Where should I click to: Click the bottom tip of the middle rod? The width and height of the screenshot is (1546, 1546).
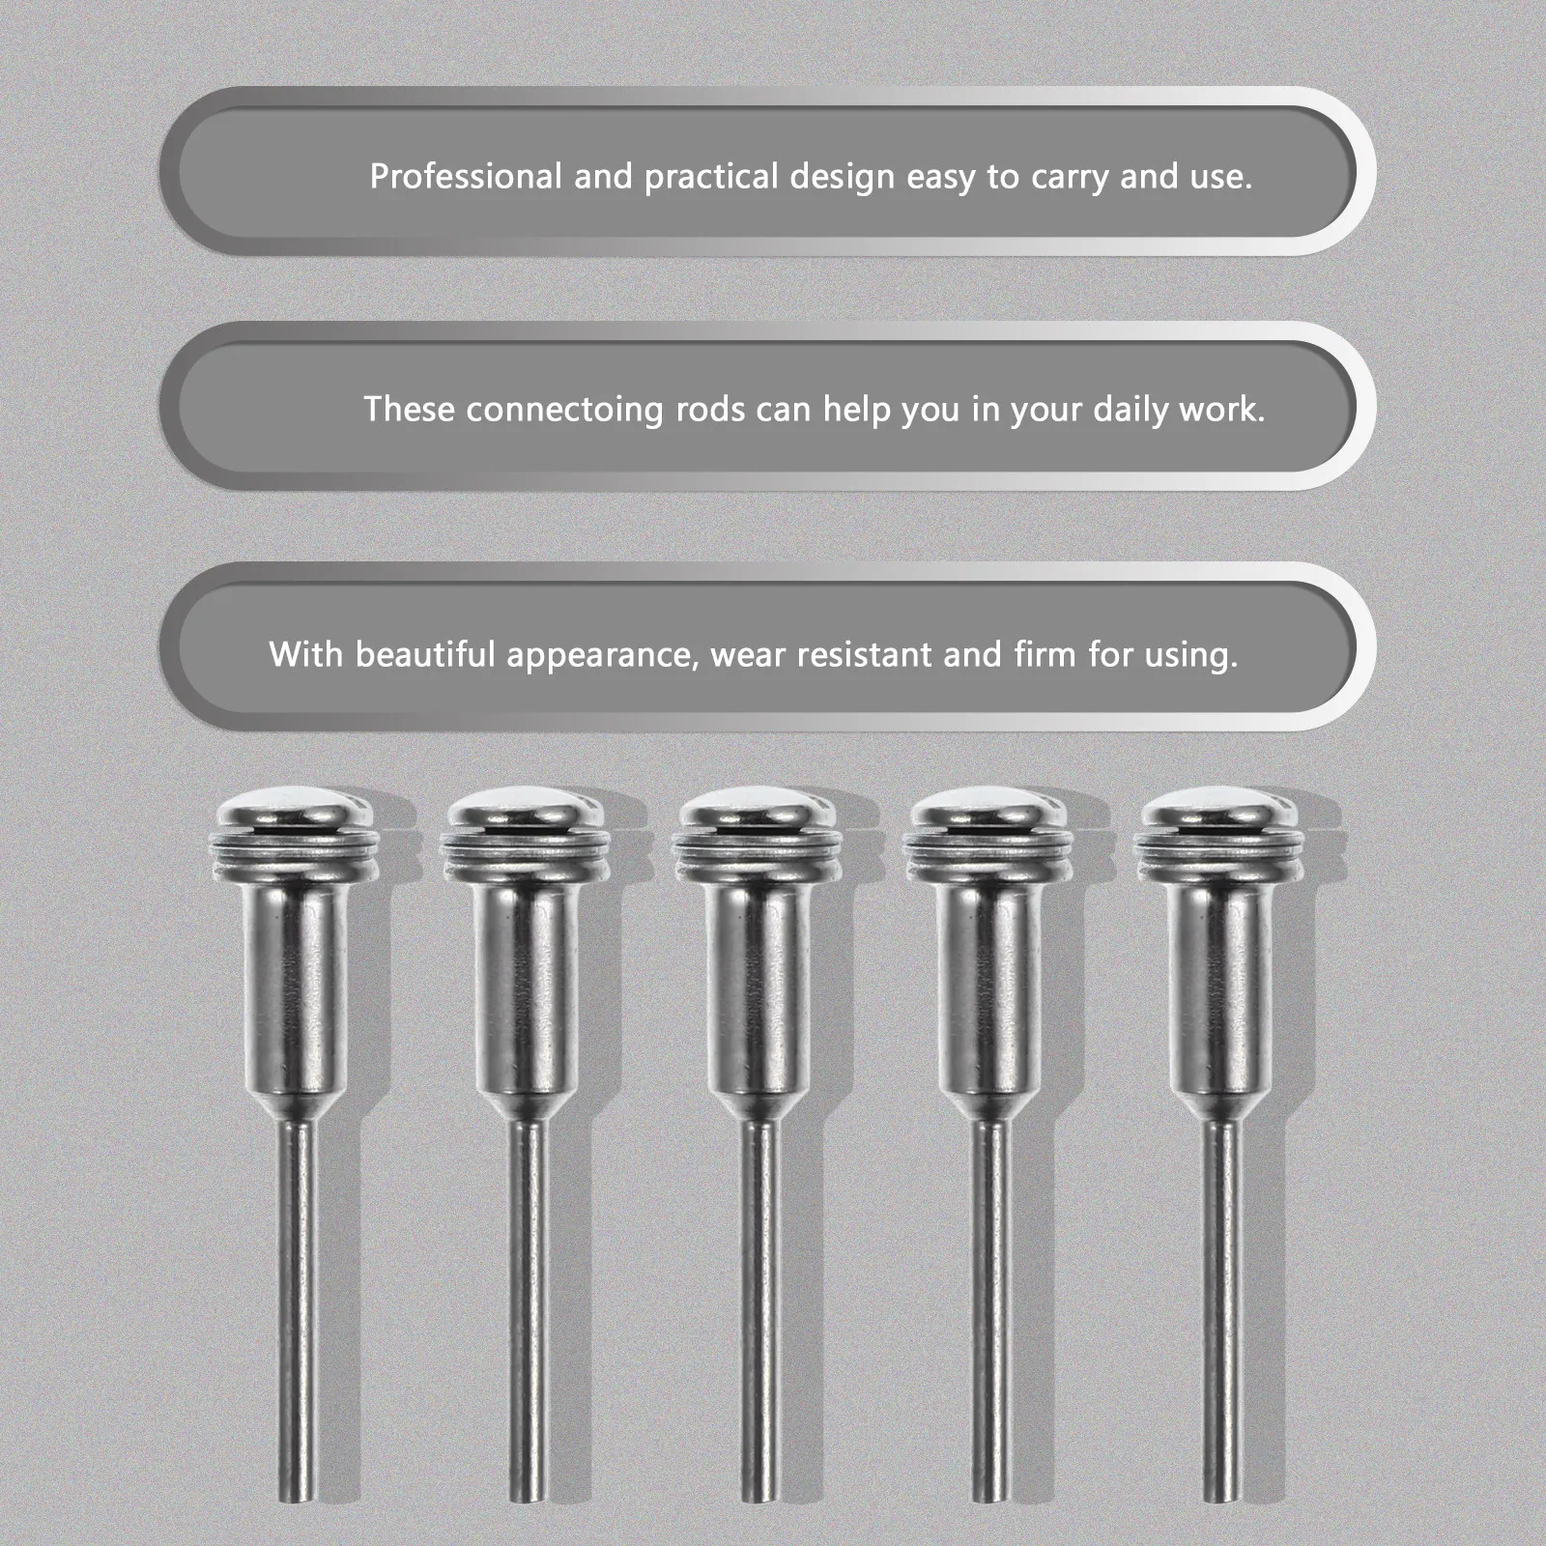click(x=756, y=1497)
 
